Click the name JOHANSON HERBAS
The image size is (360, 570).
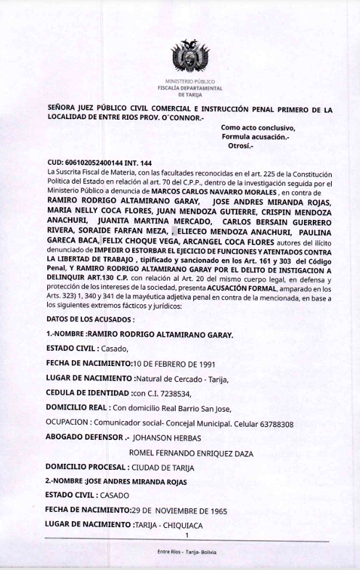(167, 439)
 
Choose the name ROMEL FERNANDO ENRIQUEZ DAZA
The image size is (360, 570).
(190, 453)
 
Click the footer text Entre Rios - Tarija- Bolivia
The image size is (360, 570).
(187, 553)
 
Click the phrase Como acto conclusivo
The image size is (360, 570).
(258, 128)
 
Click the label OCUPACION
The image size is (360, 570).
(67, 424)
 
